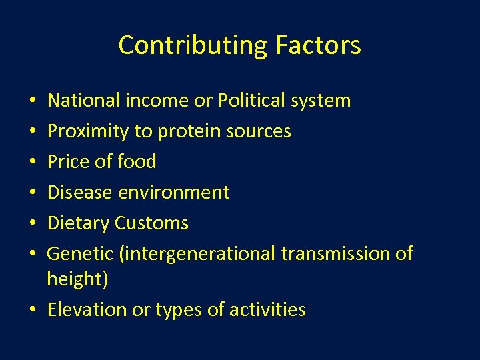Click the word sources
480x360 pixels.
[257, 132]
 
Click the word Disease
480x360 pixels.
[80, 192]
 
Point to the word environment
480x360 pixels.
[174, 192]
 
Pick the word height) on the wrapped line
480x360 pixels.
[77, 279]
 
